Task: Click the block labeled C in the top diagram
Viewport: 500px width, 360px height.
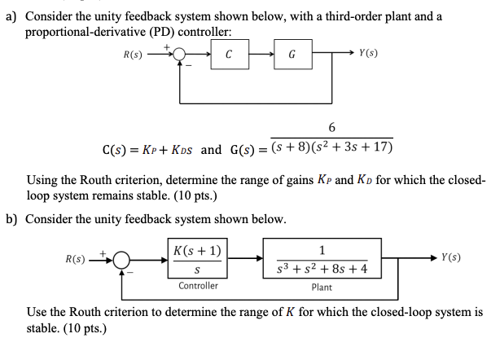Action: [229, 55]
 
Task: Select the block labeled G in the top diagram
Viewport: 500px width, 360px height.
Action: [292, 55]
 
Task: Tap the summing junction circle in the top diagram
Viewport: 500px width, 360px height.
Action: [178, 55]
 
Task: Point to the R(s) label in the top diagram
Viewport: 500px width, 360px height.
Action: [134, 55]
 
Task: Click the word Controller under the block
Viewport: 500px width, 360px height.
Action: [198, 286]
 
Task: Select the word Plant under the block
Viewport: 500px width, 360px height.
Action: [322, 287]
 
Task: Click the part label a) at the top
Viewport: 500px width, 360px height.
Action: [11, 16]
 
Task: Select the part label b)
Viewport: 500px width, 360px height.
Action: [11, 219]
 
